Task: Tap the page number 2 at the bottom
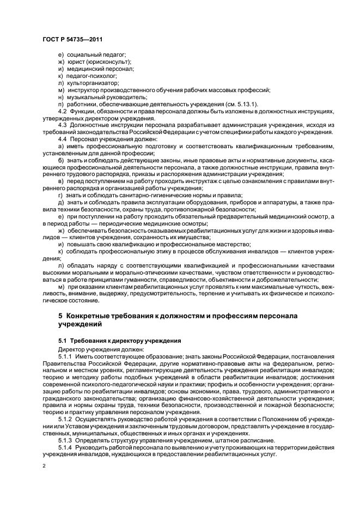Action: pyautogui.click(x=45, y=466)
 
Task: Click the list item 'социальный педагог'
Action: pyautogui.click(x=95, y=55)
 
